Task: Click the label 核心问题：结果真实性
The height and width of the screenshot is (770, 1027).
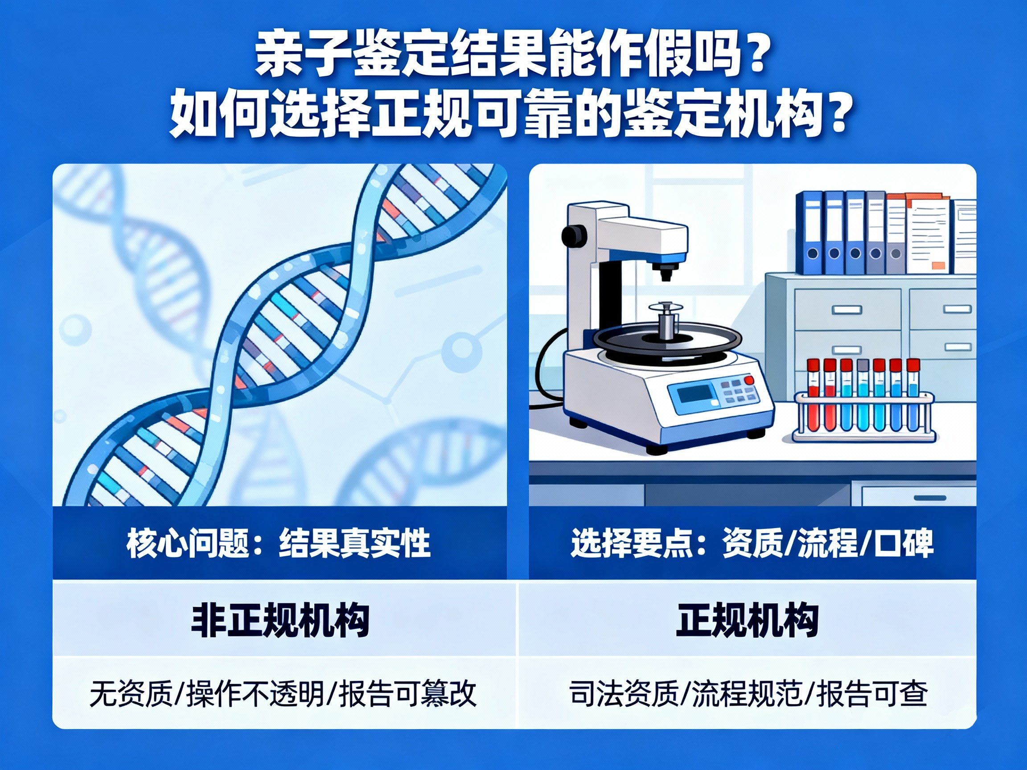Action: tap(279, 543)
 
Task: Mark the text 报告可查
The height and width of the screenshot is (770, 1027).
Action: tap(872, 694)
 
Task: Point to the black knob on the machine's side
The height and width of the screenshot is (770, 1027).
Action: tap(572, 235)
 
